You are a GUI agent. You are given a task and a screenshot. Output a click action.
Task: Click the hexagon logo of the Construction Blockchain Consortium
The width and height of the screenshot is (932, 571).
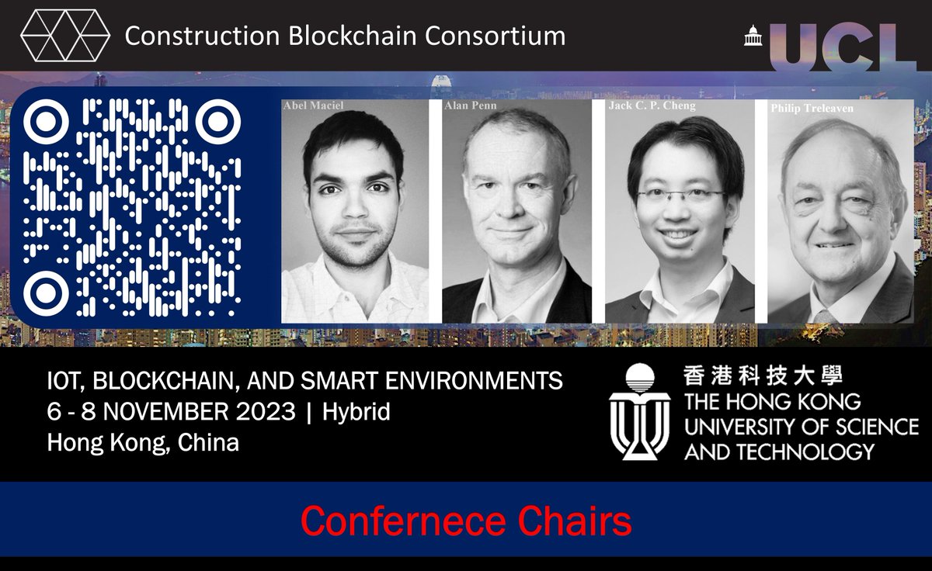65,35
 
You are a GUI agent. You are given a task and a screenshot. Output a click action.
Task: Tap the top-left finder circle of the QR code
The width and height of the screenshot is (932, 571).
45,121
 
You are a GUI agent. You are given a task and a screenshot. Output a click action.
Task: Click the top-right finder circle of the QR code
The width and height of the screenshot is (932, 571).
218,121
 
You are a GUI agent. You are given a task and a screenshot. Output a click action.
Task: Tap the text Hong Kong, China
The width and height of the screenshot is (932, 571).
143,443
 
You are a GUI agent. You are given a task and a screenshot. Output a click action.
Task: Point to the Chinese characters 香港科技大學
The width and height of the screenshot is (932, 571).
763,376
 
